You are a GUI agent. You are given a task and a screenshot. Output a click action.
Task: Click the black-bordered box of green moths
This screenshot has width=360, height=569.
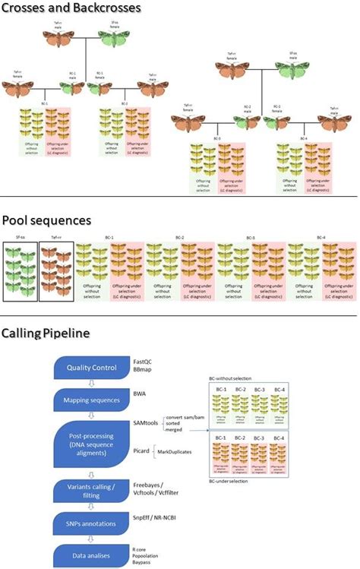pos(19,272)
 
